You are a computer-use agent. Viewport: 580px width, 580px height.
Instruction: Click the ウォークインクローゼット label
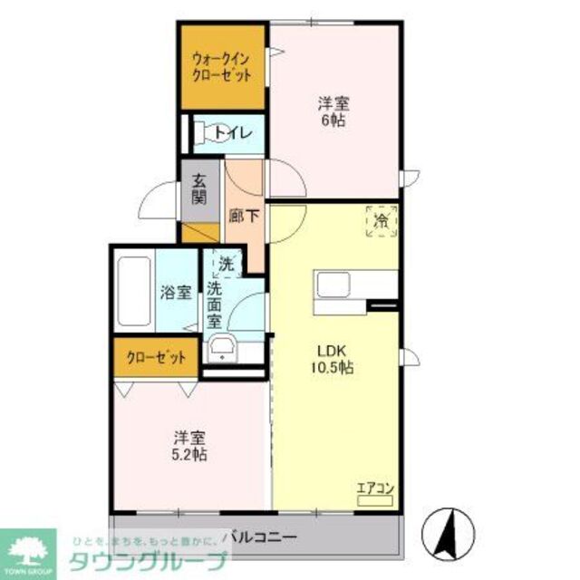[x=221, y=68]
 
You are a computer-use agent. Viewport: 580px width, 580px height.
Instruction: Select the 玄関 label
[x=199, y=188]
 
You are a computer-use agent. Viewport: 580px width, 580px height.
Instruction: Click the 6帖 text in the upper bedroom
[x=333, y=121]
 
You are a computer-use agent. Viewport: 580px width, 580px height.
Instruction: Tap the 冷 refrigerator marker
[x=382, y=220]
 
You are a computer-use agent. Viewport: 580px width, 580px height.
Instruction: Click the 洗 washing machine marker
[x=225, y=264]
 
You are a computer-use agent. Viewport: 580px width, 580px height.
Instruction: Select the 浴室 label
[x=176, y=292]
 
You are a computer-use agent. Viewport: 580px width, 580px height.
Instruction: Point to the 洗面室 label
[x=215, y=305]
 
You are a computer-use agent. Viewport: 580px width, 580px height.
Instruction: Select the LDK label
[x=333, y=352]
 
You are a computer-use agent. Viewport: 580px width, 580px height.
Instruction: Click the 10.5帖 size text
[x=333, y=369]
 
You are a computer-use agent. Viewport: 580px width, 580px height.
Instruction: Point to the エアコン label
[x=374, y=489]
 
